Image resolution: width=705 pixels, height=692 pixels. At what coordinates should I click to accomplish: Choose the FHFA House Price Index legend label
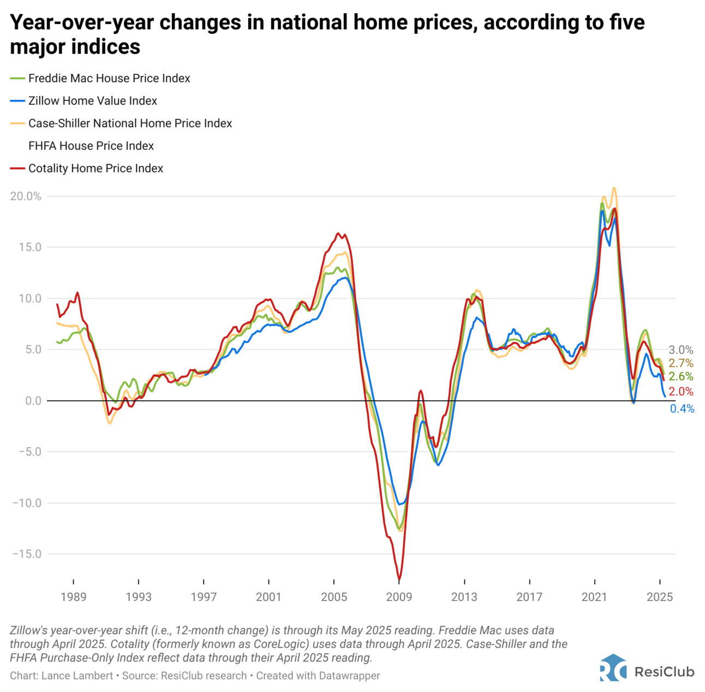click(x=91, y=146)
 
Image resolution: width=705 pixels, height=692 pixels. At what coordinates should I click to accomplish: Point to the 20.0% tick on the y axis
click(x=26, y=196)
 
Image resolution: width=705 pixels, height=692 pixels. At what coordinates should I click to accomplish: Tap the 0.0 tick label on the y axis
click(x=29, y=401)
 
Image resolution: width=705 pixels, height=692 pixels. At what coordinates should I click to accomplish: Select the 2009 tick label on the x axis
click(x=399, y=597)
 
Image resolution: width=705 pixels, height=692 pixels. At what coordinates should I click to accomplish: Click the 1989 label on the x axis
click(x=73, y=597)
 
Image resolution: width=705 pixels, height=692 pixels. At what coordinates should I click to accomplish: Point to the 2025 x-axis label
click(x=660, y=597)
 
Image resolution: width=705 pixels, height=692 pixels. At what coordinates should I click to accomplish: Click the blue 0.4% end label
click(x=682, y=409)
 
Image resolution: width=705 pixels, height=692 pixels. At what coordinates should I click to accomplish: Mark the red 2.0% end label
click(x=681, y=392)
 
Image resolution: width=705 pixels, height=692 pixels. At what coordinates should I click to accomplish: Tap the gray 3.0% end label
click(x=681, y=350)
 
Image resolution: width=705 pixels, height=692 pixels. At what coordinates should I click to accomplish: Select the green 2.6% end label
click(x=681, y=377)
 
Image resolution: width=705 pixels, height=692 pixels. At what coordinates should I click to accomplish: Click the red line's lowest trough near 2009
click(x=399, y=579)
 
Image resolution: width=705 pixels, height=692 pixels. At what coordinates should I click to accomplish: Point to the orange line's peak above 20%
click(x=614, y=188)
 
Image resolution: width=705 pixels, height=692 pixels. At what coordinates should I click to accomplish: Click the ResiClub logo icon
click(x=613, y=668)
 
